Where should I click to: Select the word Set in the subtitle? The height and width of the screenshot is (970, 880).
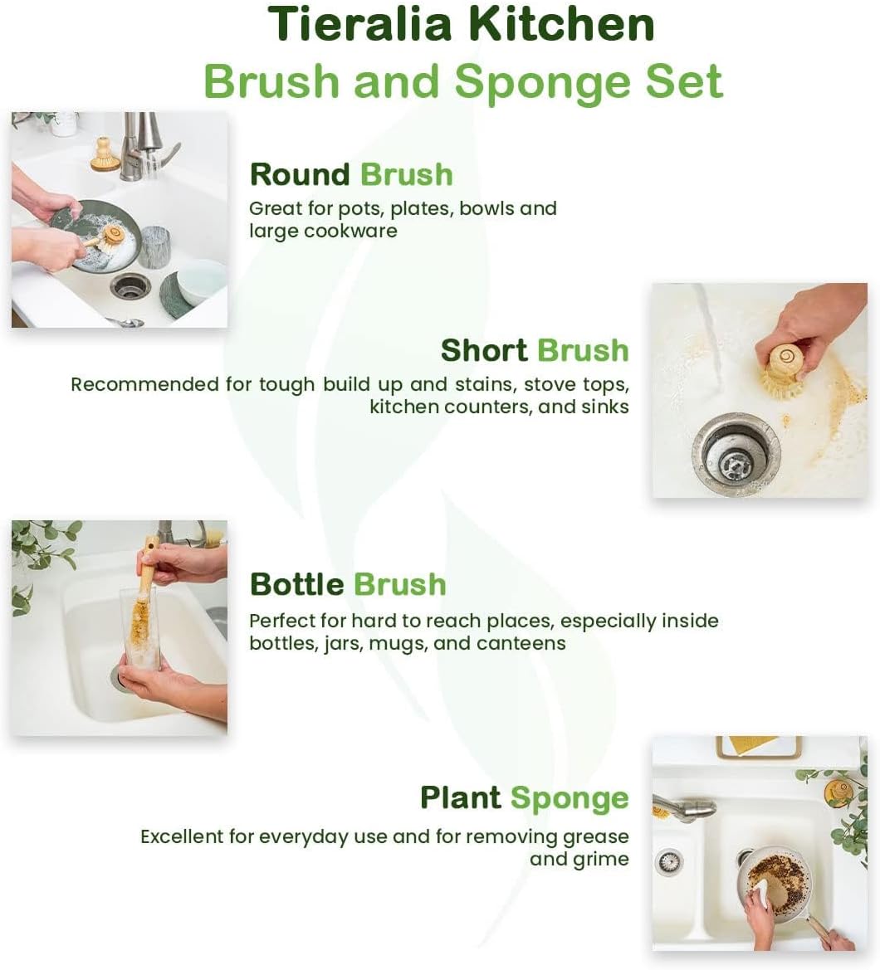(x=682, y=81)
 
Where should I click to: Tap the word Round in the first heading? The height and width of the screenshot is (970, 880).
(x=300, y=175)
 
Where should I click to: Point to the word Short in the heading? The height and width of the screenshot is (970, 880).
(x=483, y=350)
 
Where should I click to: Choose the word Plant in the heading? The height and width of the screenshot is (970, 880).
(x=461, y=797)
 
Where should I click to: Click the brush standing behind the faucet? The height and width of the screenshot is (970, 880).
(x=105, y=154)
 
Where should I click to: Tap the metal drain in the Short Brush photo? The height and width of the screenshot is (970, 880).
(x=734, y=454)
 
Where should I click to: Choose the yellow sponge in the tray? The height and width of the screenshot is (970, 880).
(x=746, y=744)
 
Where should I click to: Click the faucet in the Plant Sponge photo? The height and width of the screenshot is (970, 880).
(x=685, y=807)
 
